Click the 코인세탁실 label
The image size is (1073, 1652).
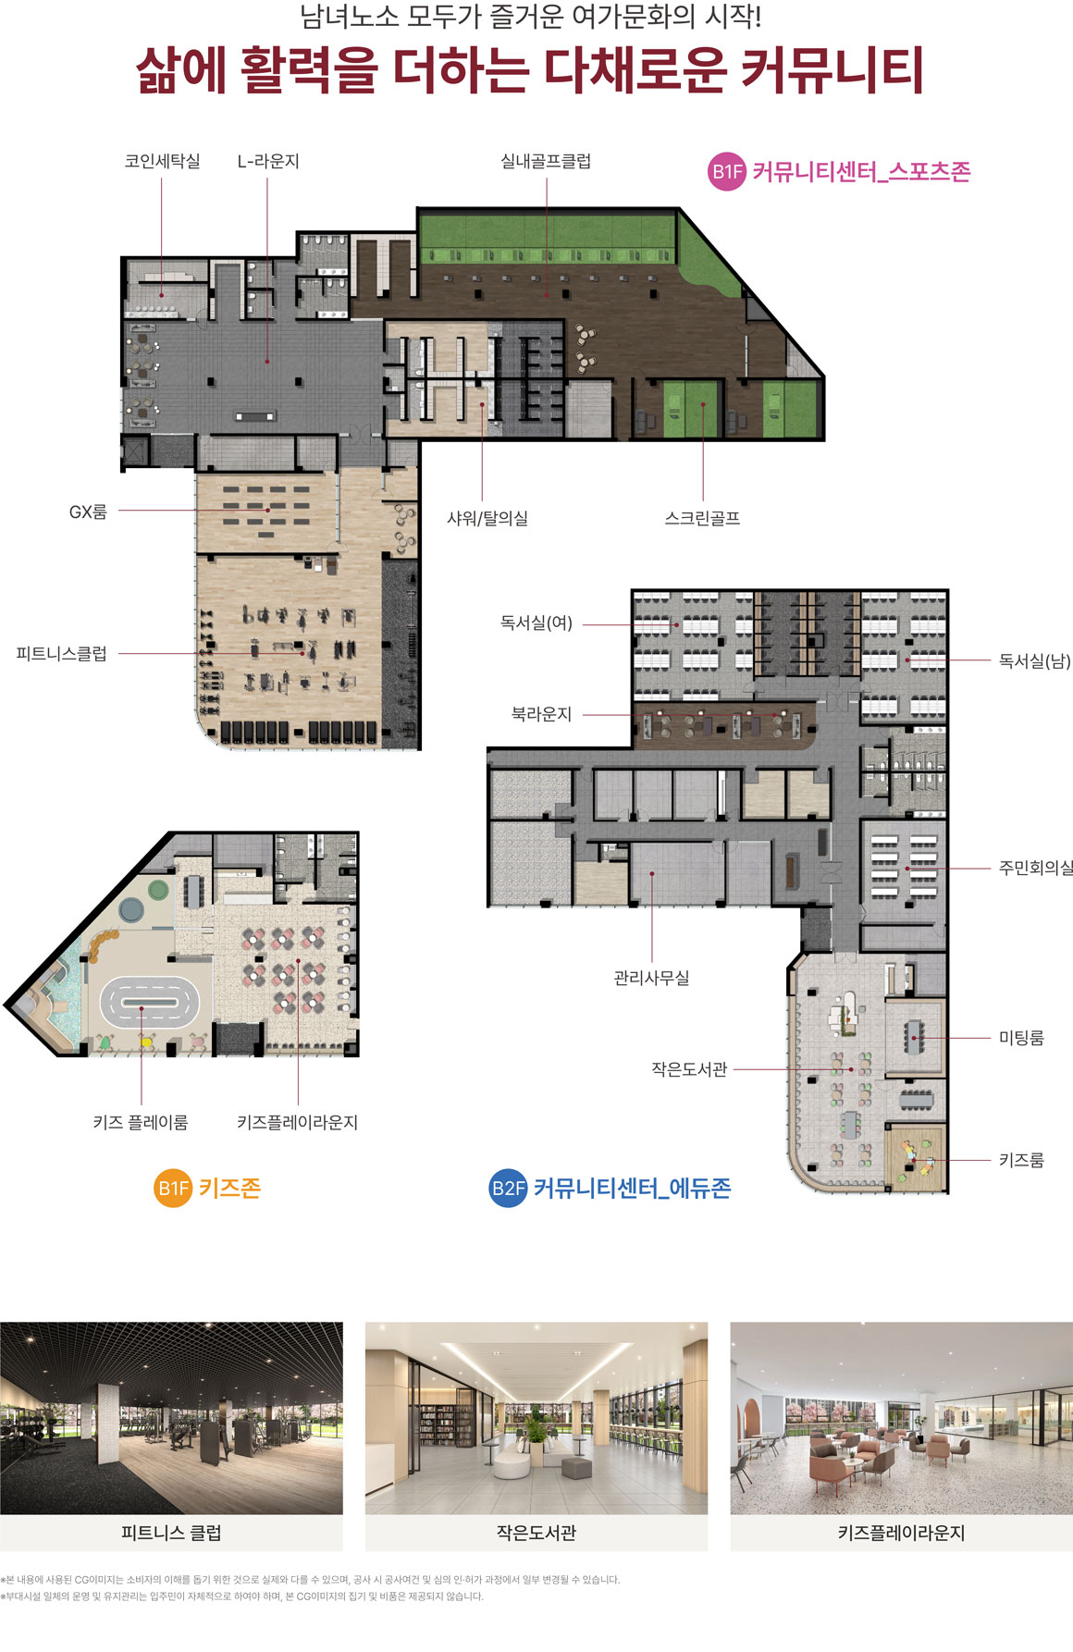[162, 161]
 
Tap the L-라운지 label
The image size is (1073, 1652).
[268, 161]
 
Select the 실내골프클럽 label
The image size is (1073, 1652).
[546, 161]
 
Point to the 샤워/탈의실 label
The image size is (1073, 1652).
[487, 518]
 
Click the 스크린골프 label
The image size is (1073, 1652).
[702, 518]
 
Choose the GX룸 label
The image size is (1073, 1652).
[88, 512]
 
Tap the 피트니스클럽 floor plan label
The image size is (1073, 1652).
[61, 654]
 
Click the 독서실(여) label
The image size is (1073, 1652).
[536, 623]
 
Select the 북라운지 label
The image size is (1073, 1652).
[541, 714]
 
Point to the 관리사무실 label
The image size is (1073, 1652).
[651, 978]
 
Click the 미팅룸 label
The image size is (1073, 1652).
[1021, 1038]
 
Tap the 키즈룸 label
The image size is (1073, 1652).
[1021, 1160]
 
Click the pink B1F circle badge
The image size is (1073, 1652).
[727, 171]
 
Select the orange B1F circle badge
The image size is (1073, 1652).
[173, 1189]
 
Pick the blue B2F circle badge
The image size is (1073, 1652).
[508, 1189]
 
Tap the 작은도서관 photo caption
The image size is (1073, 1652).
[536, 1533]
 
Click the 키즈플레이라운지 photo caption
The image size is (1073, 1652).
[902, 1533]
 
